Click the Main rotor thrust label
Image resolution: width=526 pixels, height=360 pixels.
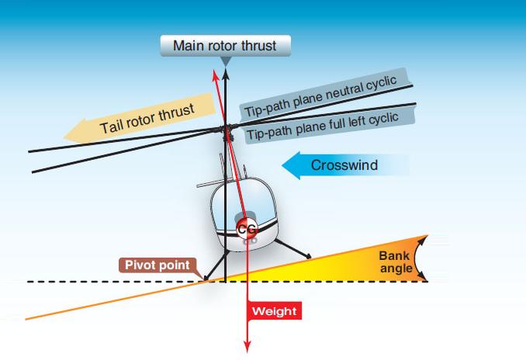click(224, 45)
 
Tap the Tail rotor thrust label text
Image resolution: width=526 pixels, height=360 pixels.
click(147, 116)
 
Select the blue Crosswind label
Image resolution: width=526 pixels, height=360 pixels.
click(346, 165)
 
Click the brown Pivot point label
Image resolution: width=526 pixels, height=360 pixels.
click(157, 265)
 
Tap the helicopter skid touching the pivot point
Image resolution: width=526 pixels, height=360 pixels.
click(204, 279)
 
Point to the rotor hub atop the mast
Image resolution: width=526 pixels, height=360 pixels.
click(225, 128)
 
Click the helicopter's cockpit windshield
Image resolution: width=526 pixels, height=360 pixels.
click(248, 203)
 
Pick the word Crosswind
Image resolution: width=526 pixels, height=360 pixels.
click(346, 165)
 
